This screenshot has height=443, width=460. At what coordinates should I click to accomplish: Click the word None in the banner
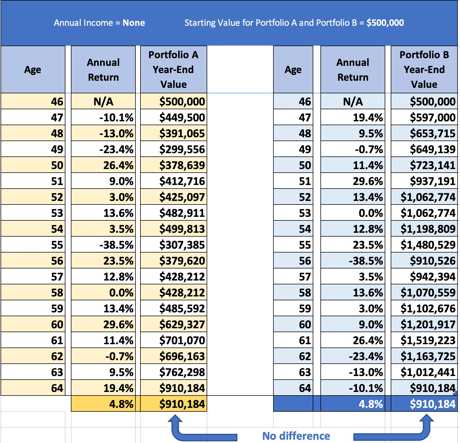click(x=134, y=23)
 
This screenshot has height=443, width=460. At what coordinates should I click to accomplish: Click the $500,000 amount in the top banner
click(x=385, y=23)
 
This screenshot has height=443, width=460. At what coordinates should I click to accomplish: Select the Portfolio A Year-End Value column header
click(x=173, y=70)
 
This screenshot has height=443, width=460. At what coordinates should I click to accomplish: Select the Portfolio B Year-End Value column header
click(x=424, y=70)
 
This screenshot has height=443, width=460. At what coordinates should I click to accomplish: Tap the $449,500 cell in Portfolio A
click(x=182, y=117)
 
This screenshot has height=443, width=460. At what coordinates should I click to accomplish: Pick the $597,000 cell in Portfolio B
click(x=433, y=117)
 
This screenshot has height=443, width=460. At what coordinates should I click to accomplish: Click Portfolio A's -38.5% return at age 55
click(x=116, y=245)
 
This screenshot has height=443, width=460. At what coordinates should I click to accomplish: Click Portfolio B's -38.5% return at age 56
click(x=366, y=261)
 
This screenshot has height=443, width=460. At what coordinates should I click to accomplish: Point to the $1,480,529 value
click(x=428, y=245)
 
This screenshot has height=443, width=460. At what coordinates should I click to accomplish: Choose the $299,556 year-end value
click(x=182, y=149)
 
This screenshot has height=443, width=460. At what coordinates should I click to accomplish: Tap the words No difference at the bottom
click(x=296, y=436)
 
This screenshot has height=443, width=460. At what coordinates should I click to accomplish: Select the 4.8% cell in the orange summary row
click(x=121, y=404)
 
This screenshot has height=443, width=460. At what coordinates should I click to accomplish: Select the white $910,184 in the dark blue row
click(x=433, y=404)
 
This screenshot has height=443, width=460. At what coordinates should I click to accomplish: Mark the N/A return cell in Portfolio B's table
click(x=353, y=102)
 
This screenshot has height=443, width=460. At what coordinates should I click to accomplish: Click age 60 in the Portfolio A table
click(x=57, y=324)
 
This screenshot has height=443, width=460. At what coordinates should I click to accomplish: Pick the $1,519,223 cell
click(x=428, y=340)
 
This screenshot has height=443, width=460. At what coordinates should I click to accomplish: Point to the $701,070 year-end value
click(x=182, y=340)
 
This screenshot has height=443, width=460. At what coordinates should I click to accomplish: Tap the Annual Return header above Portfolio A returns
click(x=103, y=70)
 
